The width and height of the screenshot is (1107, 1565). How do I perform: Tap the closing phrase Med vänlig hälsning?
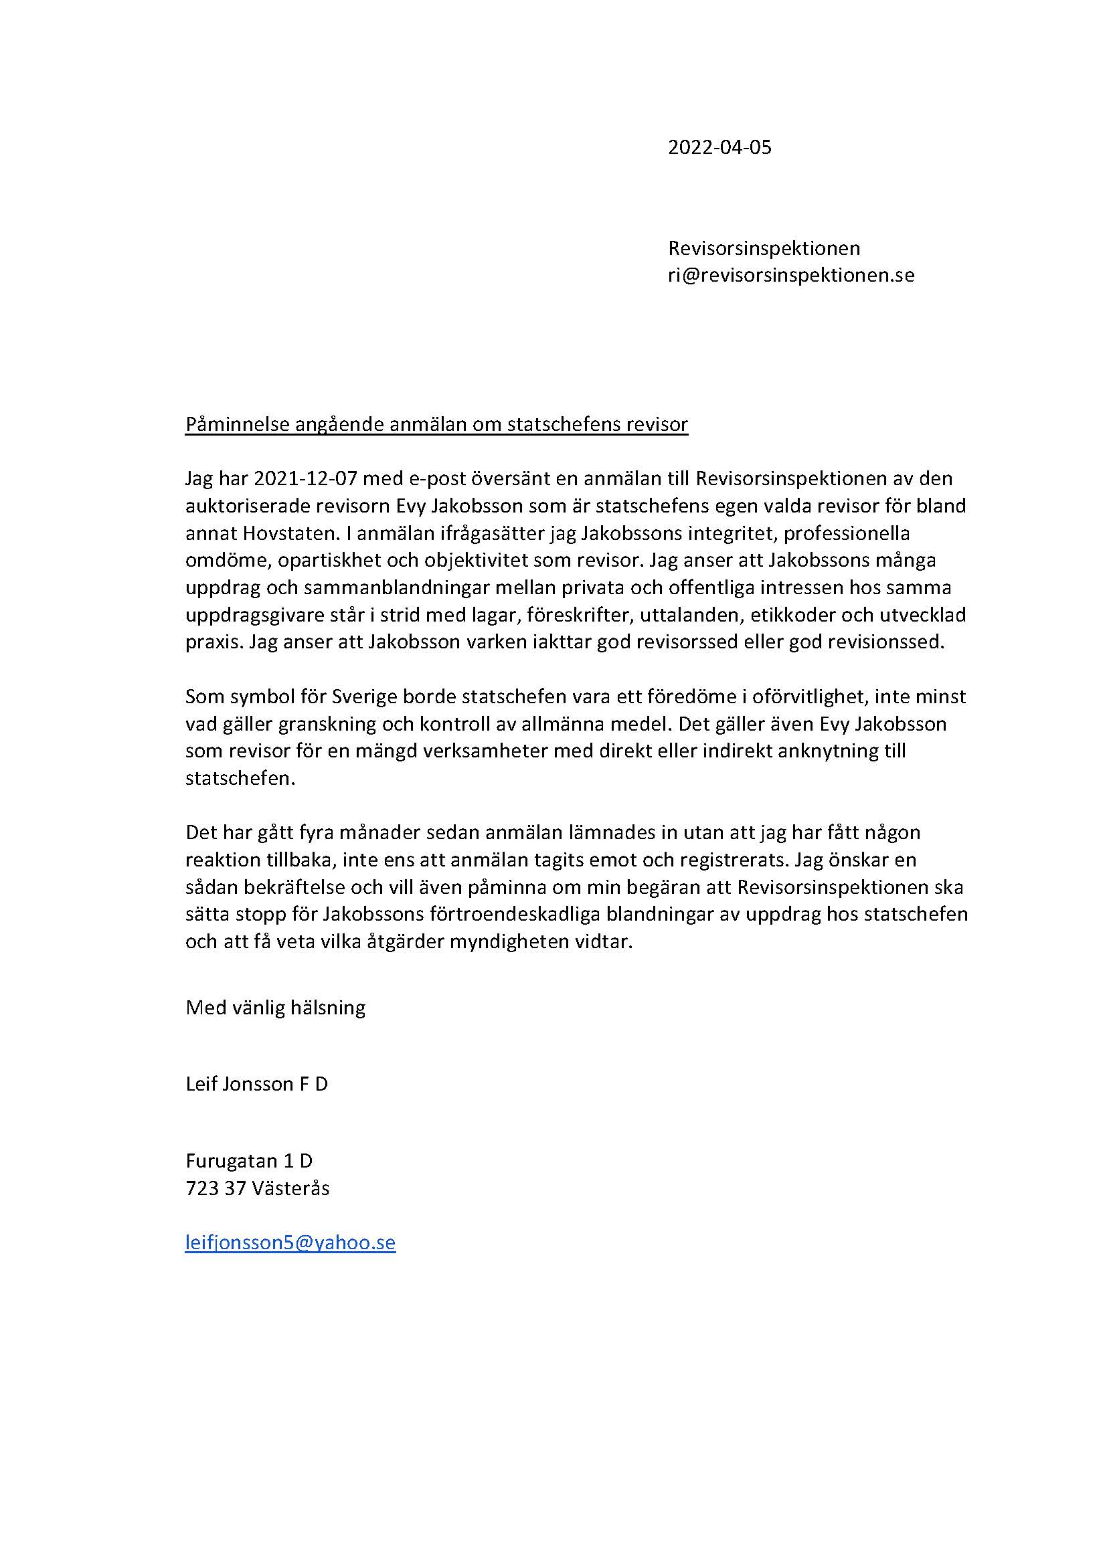click(275, 1008)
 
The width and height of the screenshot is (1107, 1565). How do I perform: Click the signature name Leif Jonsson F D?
click(256, 1084)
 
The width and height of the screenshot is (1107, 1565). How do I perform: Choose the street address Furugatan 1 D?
click(249, 1160)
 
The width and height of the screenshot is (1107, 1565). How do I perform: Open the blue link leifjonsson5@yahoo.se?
click(290, 1242)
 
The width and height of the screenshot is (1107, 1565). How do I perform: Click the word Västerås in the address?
click(290, 1188)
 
